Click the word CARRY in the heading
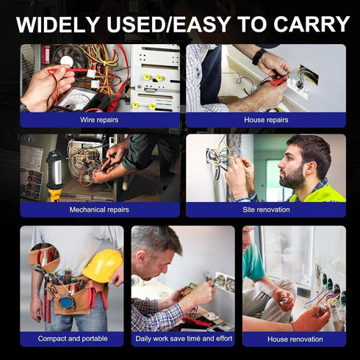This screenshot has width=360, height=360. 312,24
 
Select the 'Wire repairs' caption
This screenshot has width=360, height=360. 99,120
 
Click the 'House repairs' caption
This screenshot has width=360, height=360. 266,120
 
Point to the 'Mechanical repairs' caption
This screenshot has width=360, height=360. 99,209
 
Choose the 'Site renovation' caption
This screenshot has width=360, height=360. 266,209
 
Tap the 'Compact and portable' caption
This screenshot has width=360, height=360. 73,339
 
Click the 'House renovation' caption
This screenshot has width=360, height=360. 295,339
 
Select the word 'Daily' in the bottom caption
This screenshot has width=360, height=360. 143,339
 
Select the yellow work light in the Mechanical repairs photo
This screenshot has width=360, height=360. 55,176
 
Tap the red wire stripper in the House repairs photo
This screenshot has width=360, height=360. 278,81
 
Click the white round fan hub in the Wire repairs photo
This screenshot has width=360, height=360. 65,60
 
